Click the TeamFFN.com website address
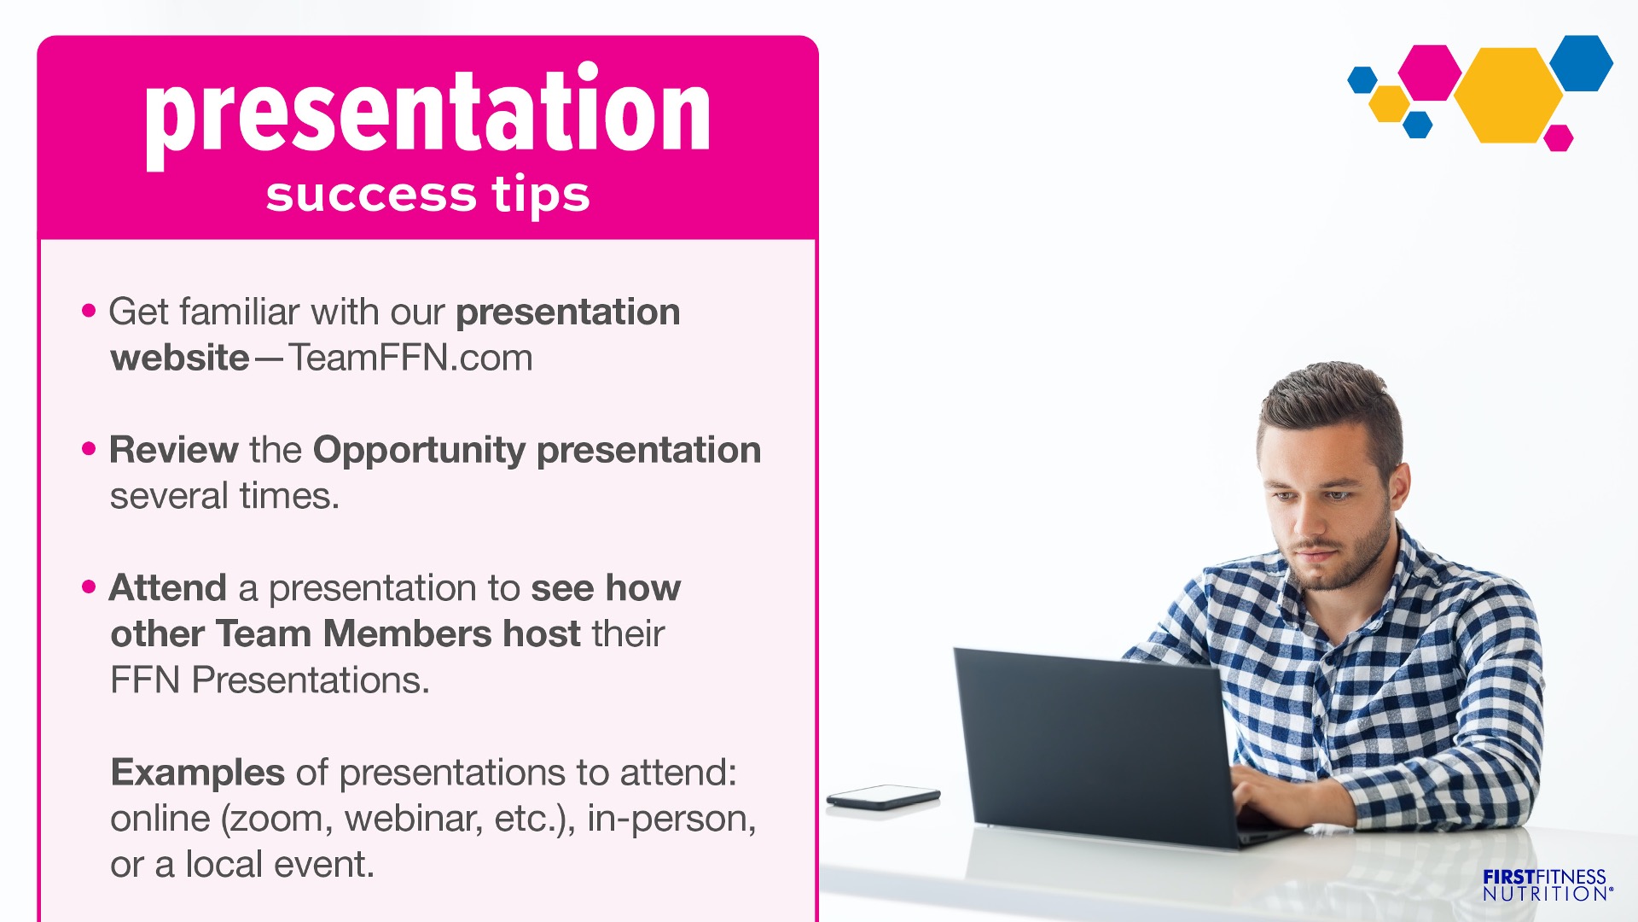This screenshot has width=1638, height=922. click(410, 358)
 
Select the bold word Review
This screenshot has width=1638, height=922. click(174, 450)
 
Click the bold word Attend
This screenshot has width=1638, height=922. click(168, 588)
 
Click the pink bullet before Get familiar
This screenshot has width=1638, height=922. click(89, 311)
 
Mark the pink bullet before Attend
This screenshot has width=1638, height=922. click(89, 587)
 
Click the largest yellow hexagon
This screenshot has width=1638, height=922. click(1508, 95)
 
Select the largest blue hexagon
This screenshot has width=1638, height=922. click(1582, 63)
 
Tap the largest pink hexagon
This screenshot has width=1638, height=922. click(1430, 73)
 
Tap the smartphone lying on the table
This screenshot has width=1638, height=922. click(883, 797)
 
